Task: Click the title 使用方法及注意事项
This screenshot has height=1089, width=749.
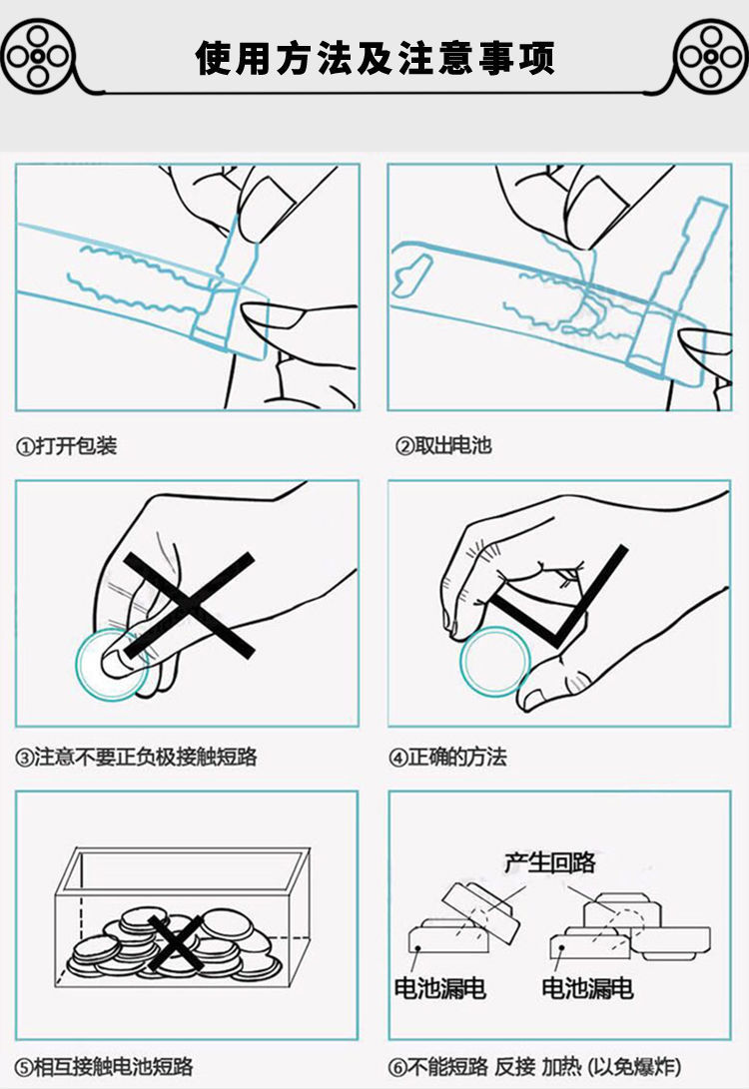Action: (x=375, y=57)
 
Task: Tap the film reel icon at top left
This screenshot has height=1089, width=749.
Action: (x=38, y=56)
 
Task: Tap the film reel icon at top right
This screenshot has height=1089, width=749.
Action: (x=711, y=56)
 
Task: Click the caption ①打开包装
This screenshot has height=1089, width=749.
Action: (x=67, y=445)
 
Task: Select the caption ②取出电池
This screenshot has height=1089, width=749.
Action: (x=443, y=445)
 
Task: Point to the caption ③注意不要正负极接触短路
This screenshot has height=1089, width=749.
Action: (x=136, y=757)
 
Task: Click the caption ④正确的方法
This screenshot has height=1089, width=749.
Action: (x=447, y=757)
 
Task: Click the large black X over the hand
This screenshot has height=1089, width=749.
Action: (x=189, y=606)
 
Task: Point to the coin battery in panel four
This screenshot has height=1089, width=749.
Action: (x=494, y=662)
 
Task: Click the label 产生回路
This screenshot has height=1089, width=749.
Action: (x=550, y=862)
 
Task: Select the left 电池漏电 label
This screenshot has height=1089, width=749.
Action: (x=439, y=988)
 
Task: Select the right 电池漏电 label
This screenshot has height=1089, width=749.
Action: (x=588, y=988)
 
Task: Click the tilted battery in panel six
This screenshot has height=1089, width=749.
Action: (x=480, y=912)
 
